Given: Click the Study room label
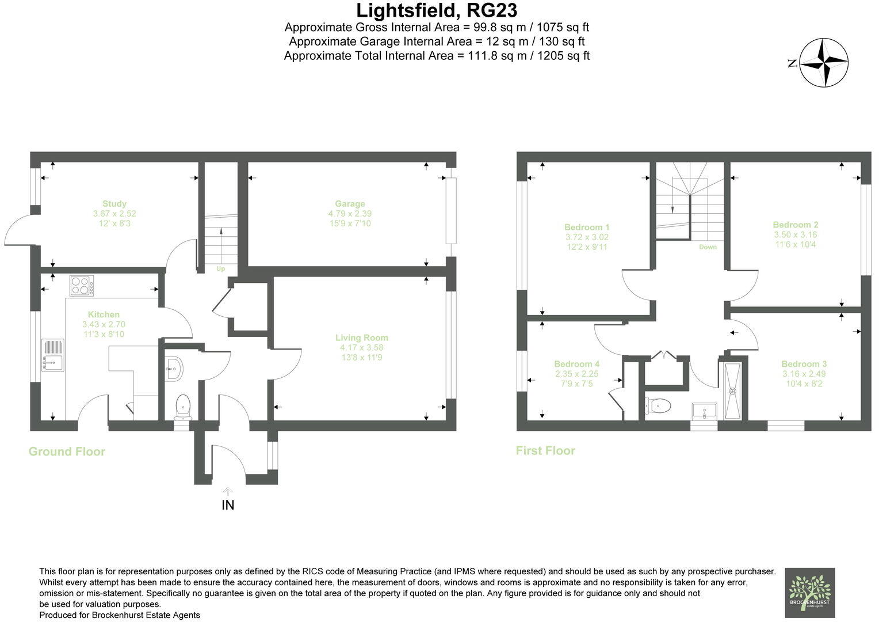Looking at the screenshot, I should (x=114, y=204).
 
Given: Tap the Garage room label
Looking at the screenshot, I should (x=350, y=204).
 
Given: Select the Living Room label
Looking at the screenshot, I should (x=361, y=338).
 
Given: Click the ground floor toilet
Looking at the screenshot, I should (x=182, y=405).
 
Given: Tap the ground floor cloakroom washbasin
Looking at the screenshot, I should (x=174, y=367).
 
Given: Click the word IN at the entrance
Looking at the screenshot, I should (x=228, y=505).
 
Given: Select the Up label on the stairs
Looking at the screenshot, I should (x=220, y=269).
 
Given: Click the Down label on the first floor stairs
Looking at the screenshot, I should (x=708, y=247).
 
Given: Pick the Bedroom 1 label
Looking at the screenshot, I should (x=587, y=227).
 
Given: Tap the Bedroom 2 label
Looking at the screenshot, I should (x=795, y=225).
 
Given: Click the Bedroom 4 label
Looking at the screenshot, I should (x=576, y=364).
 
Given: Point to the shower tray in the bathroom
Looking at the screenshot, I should (x=733, y=391).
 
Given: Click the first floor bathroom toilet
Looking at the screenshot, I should (x=659, y=406).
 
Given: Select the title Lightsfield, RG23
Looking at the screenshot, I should (x=437, y=10).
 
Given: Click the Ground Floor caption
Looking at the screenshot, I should (x=67, y=452).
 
